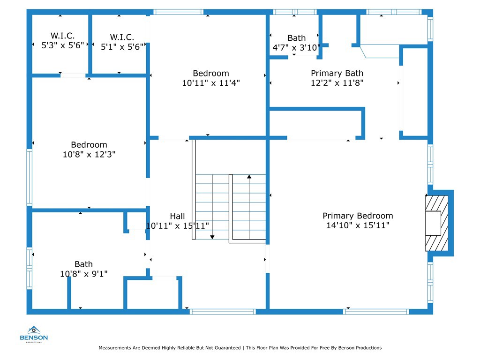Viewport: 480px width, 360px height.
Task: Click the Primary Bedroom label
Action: click(x=358, y=216)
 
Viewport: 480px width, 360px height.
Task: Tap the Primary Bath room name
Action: click(x=337, y=73)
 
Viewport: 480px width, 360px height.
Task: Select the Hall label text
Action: click(x=177, y=216)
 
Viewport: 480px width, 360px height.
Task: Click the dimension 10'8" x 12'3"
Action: click(x=89, y=154)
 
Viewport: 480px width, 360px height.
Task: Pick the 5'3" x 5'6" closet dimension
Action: click(x=63, y=45)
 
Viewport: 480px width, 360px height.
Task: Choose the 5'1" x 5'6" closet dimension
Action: click(x=122, y=46)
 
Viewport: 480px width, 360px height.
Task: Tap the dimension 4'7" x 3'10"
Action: click(x=296, y=47)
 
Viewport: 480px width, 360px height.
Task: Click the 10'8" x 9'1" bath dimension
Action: click(x=84, y=274)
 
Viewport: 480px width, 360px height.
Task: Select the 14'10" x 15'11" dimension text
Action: click(x=358, y=225)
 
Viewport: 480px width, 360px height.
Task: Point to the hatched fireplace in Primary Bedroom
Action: click(x=436, y=223)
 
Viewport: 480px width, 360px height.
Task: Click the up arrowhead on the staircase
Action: click(x=249, y=177)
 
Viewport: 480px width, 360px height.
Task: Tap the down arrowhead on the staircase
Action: click(x=212, y=237)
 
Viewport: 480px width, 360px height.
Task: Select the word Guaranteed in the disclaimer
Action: click(x=223, y=348)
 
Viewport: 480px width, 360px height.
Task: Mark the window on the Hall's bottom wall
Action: click(x=222, y=311)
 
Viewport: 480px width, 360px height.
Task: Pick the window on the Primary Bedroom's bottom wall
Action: click(x=376, y=311)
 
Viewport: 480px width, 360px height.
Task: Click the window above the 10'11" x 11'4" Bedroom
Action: click(x=179, y=12)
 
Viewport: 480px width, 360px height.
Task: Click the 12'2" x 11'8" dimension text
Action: click(x=337, y=83)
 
